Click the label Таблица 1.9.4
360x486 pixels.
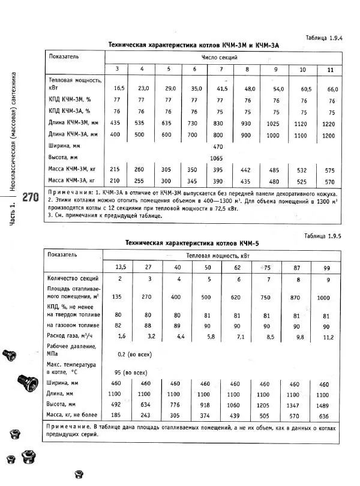[324, 37]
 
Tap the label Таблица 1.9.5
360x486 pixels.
[323, 236]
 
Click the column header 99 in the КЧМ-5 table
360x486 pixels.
[326, 266]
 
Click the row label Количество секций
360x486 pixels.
[73, 279]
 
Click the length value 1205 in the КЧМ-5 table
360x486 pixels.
[263, 395]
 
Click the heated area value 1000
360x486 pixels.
[325, 297]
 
